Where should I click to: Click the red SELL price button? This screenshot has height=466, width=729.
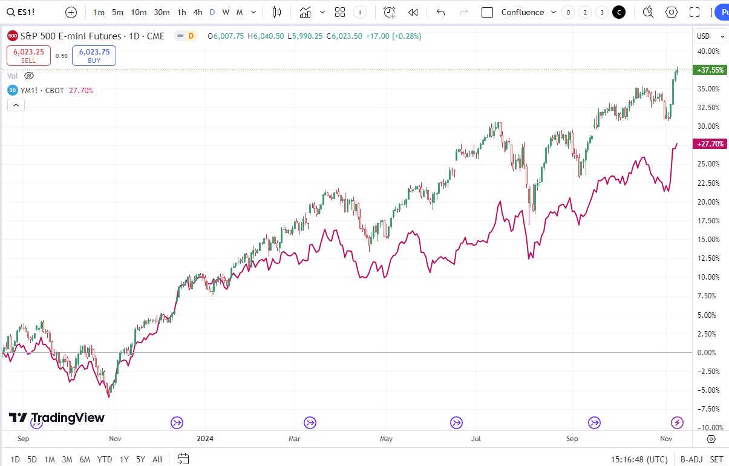(x=28, y=55)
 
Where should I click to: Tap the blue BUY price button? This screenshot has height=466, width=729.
(x=94, y=55)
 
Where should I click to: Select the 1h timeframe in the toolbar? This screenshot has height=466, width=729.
(x=181, y=12)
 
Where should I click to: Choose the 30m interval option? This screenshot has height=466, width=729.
(x=162, y=12)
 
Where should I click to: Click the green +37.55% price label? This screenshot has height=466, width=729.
(x=710, y=70)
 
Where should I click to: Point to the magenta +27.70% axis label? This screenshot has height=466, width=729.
(x=710, y=144)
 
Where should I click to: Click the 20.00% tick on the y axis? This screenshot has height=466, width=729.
(x=708, y=202)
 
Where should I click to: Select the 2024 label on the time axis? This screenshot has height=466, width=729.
(x=205, y=438)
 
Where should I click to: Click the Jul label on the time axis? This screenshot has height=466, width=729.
(x=477, y=438)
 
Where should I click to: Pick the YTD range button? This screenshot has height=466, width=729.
(x=104, y=459)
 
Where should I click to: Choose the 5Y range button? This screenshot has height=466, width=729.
(x=140, y=459)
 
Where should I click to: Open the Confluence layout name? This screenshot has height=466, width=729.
(x=523, y=12)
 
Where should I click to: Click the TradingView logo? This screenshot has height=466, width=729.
(x=57, y=418)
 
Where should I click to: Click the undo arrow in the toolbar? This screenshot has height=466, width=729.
(x=440, y=12)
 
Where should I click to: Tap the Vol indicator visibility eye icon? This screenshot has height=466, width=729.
(x=29, y=76)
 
